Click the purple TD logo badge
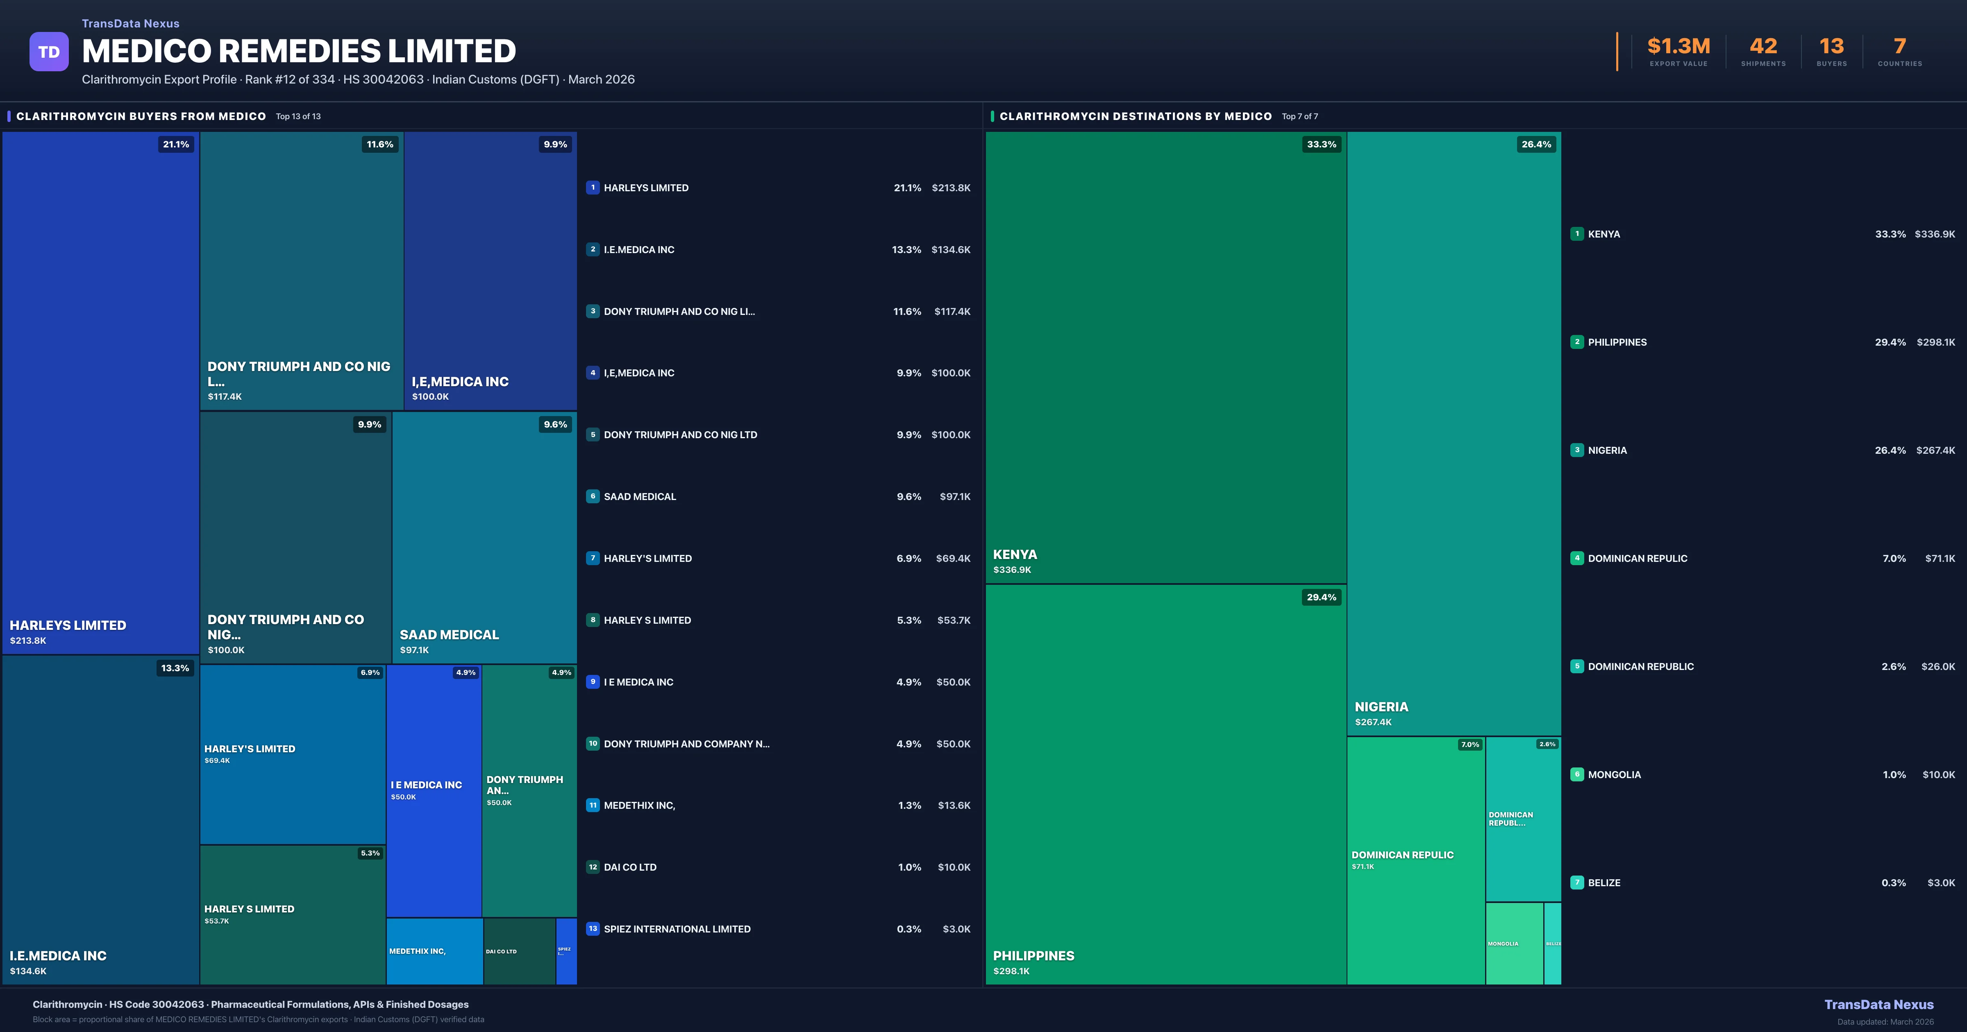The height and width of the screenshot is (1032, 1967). tap(49, 52)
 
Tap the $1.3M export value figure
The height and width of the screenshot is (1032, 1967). tap(1679, 47)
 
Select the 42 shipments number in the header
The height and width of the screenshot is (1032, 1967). tap(1763, 47)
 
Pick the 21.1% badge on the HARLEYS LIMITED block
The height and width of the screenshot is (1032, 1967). tap(176, 144)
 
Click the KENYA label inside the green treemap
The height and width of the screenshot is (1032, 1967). tap(1015, 554)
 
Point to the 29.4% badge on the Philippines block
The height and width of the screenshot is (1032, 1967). tap(1321, 597)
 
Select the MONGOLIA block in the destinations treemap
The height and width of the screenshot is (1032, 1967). tap(1513, 944)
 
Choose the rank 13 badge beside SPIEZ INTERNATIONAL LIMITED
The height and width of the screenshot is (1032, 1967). tap(593, 928)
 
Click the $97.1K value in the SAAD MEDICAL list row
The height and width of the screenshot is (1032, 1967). tap(954, 497)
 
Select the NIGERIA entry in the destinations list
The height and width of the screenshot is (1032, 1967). tap(1607, 450)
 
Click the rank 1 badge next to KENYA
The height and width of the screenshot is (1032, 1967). tap(1577, 233)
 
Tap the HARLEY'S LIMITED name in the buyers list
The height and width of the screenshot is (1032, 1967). tap(647, 559)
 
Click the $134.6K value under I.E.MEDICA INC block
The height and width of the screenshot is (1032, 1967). tap(28, 971)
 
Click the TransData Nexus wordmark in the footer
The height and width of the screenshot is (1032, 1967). tap(1878, 1005)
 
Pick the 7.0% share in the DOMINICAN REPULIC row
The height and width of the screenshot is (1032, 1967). tap(1894, 559)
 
